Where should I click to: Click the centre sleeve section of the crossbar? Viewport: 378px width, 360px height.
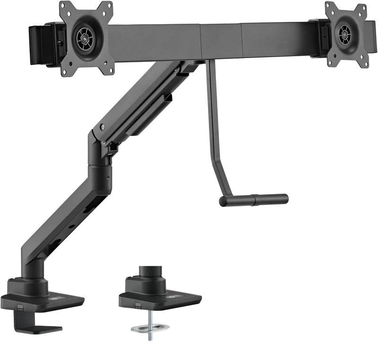point(222,41)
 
